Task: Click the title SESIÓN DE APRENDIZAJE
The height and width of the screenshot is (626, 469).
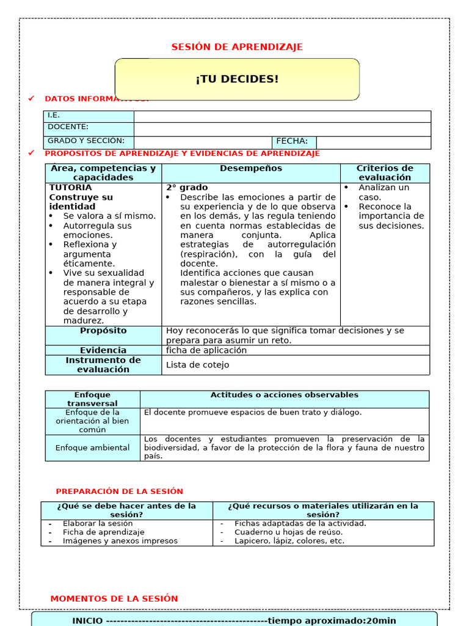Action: click(237, 47)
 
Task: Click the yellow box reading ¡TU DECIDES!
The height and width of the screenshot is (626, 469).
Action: click(237, 79)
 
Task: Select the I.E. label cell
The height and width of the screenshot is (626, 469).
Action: click(89, 116)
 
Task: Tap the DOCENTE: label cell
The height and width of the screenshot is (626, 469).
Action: click(89, 128)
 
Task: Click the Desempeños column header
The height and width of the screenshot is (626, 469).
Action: click(251, 169)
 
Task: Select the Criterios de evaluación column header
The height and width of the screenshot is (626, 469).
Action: click(385, 173)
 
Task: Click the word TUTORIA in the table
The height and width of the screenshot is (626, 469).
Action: click(71, 188)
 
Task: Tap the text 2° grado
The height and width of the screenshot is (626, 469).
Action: click(187, 188)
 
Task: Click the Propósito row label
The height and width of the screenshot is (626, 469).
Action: click(103, 331)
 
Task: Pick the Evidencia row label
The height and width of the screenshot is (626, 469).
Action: click(103, 350)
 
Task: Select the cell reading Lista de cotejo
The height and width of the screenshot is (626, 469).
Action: click(198, 365)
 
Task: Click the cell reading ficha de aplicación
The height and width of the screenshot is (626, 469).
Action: click(206, 350)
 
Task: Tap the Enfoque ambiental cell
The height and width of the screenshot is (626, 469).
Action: click(93, 448)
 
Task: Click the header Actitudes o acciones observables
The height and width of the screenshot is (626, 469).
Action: click(285, 396)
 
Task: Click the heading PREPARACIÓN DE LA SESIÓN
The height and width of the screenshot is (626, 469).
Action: click(120, 492)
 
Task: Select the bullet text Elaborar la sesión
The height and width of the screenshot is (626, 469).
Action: click(98, 524)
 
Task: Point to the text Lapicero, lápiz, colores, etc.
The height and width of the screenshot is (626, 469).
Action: click(289, 541)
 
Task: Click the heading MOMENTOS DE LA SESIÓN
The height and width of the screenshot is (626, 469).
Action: click(114, 599)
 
